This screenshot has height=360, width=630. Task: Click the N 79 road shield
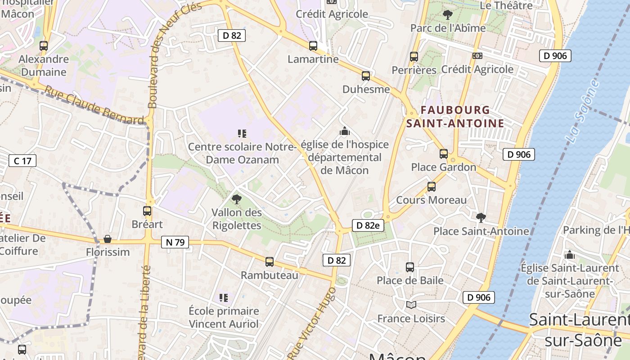(x=175, y=242)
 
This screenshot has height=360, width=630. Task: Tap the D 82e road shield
(x=368, y=225)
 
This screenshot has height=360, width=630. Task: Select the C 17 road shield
(x=22, y=160)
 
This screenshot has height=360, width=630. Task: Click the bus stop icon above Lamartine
(x=313, y=46)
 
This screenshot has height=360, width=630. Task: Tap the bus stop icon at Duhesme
(x=366, y=76)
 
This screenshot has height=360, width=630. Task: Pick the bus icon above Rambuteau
(x=270, y=262)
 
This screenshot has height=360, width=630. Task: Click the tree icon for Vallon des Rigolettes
(x=236, y=199)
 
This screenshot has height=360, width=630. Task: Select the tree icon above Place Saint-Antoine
(x=481, y=218)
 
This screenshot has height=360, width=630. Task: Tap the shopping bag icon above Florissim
(x=108, y=238)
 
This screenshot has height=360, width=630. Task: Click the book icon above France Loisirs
(x=411, y=305)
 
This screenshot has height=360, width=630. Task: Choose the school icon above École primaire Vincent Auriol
(x=224, y=297)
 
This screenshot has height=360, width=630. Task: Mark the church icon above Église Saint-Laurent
(x=570, y=255)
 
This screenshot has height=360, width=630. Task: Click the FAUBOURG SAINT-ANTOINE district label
(x=455, y=117)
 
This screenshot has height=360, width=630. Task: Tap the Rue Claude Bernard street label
(x=94, y=105)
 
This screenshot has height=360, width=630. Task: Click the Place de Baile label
(x=410, y=280)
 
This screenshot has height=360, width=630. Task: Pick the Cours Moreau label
(x=431, y=200)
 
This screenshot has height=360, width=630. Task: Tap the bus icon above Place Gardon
(x=444, y=154)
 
